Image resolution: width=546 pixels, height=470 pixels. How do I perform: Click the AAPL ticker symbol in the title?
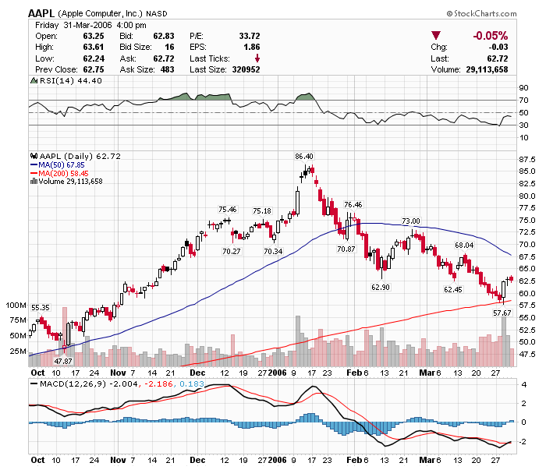click(41, 13)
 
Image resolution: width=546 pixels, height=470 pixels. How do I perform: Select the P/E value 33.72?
click(249, 36)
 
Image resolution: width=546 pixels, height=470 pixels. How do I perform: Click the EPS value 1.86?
click(252, 47)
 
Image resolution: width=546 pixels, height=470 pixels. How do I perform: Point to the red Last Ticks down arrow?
click(257, 58)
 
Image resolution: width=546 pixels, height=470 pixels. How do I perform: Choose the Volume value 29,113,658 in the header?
click(484, 69)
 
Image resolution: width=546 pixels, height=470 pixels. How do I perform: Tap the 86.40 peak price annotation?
click(303, 157)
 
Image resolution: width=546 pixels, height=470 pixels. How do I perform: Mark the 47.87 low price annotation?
click(63, 362)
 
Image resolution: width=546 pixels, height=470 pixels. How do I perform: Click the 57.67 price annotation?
click(502, 313)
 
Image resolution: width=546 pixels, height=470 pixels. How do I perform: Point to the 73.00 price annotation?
click(410, 221)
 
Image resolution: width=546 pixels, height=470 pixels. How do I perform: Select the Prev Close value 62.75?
click(94, 69)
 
